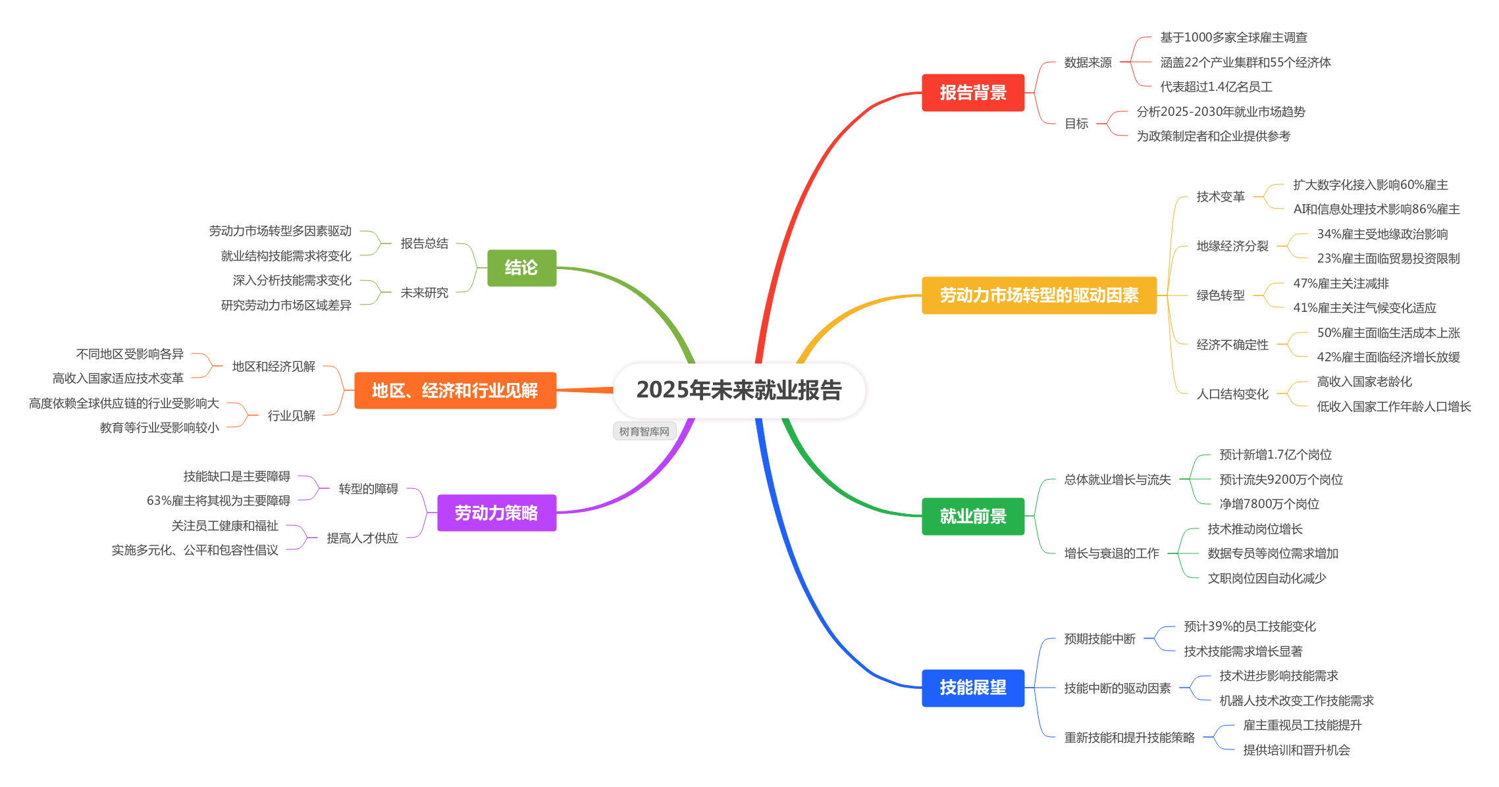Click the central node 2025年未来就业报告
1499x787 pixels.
click(x=739, y=390)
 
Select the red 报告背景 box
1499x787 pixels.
click(x=973, y=93)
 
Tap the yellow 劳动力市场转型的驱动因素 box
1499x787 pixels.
click(x=1039, y=295)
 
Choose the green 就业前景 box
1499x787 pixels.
click(x=973, y=517)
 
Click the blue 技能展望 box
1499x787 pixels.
click(x=973, y=688)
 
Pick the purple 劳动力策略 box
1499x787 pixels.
click(x=496, y=513)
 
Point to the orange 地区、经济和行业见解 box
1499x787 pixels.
click(x=455, y=390)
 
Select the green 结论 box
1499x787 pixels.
click(x=521, y=268)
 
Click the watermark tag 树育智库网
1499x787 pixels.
click(x=644, y=432)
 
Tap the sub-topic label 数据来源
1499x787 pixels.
click(x=1088, y=63)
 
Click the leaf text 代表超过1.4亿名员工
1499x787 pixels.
click(x=1216, y=87)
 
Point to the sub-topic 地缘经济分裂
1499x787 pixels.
click(x=1232, y=246)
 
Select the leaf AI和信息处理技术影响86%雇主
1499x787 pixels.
click(x=1376, y=209)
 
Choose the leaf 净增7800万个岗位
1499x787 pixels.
click(x=1269, y=504)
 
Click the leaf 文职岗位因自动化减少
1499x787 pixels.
click(x=1266, y=578)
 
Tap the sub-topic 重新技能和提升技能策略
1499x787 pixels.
click(x=1129, y=738)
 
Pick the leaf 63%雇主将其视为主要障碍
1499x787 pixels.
click(x=219, y=501)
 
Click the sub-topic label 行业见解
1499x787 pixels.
click(x=291, y=416)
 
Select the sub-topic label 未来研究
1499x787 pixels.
click(x=424, y=293)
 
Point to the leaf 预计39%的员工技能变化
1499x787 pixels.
click(x=1249, y=626)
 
